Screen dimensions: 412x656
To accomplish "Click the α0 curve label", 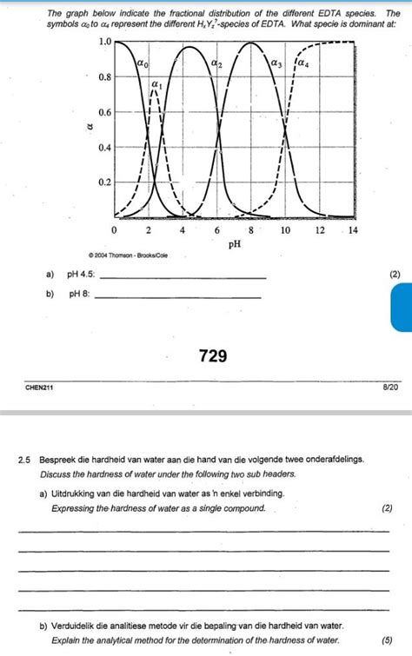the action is pos(143,63).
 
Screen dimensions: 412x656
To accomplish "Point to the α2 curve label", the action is pos(216,63).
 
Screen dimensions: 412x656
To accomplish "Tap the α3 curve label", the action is pos(276,63).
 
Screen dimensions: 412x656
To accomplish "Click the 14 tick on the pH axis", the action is pos(352,230).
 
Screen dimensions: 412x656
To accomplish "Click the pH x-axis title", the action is pos(234,245).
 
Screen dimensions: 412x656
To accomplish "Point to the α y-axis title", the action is pos(86,128).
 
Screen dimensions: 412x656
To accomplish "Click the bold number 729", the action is pos(212,354).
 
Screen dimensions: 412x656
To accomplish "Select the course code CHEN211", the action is pos(39,388).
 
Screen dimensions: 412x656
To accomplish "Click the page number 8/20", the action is pos(390,388).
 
